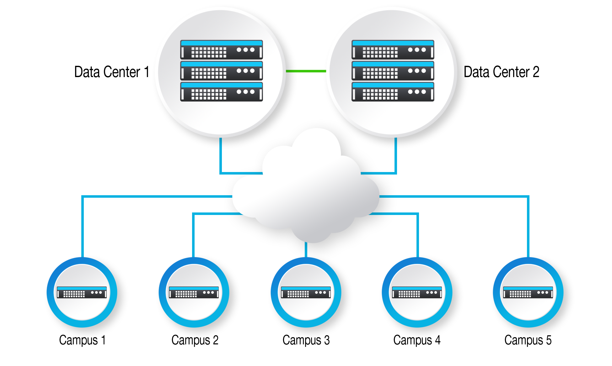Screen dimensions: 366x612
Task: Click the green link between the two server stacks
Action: [x=306, y=71]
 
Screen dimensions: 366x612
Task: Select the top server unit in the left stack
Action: [x=221, y=50]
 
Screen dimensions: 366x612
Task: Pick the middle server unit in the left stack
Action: [x=221, y=71]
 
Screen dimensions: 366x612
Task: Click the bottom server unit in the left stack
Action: [x=221, y=92]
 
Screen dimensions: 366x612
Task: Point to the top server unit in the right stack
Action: [x=393, y=50]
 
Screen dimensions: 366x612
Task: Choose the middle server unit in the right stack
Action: [x=393, y=71]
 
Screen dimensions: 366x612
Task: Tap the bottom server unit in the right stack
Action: [x=393, y=92]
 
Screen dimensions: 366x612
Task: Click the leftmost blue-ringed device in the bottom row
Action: [x=82, y=292]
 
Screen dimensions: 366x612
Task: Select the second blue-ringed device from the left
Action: [x=194, y=292]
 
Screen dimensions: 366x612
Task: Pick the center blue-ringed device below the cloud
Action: [x=306, y=292]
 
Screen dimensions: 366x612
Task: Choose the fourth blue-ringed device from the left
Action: [x=417, y=292]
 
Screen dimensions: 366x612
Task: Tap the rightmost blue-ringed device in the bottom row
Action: [x=528, y=292]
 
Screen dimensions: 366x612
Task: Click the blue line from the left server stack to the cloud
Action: [x=221, y=157]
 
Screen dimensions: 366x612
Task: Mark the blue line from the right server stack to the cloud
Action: [x=396, y=157]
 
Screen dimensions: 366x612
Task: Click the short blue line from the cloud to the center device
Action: [x=306, y=250]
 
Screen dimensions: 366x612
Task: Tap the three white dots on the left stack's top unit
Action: [x=245, y=50]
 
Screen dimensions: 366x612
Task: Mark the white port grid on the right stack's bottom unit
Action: [x=380, y=94]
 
